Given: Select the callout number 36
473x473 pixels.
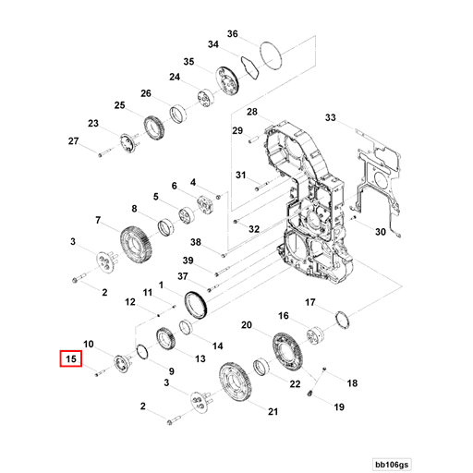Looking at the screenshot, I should (x=233, y=34).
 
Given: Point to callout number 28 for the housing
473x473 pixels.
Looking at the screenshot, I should (x=250, y=112).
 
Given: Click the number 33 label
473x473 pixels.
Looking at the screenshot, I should (x=331, y=117).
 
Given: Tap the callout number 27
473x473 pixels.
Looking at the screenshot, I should (x=74, y=140).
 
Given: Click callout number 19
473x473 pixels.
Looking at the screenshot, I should (x=338, y=406).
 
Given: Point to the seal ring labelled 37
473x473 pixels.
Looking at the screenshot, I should (x=196, y=304).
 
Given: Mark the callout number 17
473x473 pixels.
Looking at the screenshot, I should (x=311, y=302).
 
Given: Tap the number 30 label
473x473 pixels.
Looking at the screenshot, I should (x=380, y=233).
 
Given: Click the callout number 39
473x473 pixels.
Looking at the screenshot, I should (x=187, y=261).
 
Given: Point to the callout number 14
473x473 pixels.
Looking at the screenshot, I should (x=219, y=346).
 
